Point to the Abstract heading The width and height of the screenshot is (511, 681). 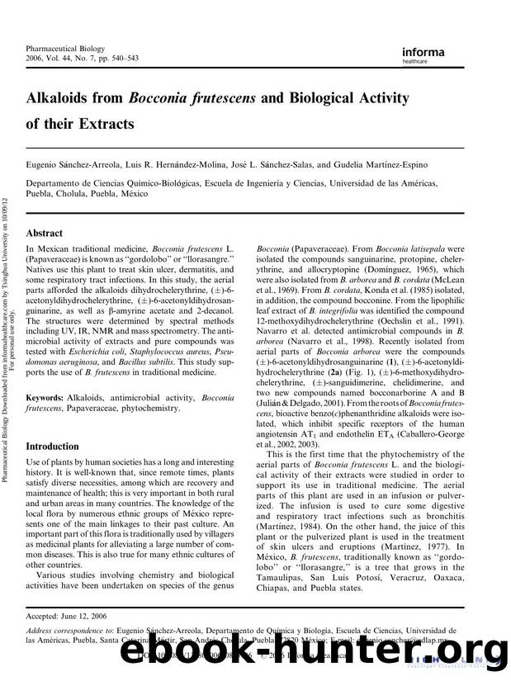point(45,234)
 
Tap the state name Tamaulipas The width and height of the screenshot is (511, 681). point(286,609)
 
